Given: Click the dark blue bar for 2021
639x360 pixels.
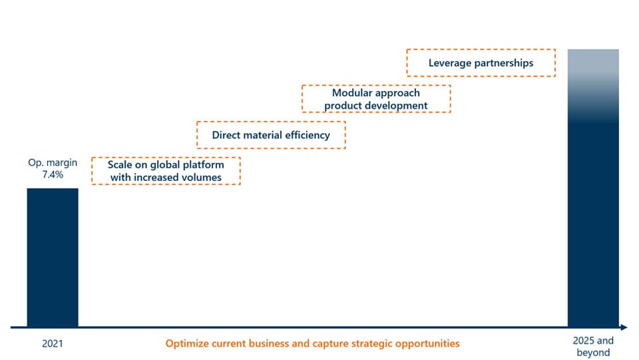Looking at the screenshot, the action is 53,258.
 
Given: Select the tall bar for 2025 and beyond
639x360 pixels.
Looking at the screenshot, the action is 593,188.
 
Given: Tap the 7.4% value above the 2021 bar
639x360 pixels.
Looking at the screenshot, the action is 53,175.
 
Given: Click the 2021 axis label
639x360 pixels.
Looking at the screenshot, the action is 53,344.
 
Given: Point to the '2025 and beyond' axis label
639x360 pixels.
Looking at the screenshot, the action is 593,347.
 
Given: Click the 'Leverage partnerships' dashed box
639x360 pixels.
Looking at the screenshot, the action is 481,63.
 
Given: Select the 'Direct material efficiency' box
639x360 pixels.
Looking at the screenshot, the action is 271,135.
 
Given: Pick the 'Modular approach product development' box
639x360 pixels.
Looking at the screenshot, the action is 376,98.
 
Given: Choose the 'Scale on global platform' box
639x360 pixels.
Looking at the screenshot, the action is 166,171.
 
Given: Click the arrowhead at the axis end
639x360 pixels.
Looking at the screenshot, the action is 624,327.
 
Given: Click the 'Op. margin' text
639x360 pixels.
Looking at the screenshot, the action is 53,162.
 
